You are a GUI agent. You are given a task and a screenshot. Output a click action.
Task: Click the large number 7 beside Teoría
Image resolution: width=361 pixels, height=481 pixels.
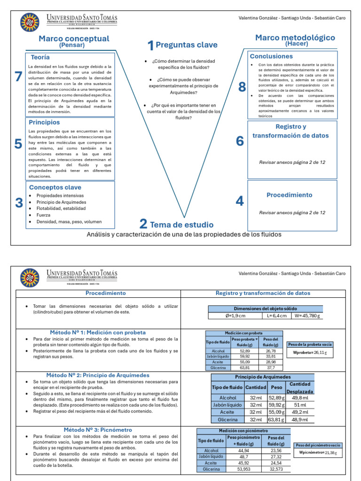(18, 77)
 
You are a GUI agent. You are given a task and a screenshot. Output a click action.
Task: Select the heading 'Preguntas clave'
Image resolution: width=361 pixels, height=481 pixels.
(186, 45)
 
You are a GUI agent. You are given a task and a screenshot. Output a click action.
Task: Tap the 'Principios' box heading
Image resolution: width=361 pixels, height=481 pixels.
(44, 122)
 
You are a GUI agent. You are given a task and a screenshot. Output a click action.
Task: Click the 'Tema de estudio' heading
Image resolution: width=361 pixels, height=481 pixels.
(181, 225)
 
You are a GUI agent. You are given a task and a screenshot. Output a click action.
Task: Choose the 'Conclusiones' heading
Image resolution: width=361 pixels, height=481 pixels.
(271, 56)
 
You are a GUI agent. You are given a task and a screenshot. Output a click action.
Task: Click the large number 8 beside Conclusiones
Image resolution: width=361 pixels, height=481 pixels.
(242, 87)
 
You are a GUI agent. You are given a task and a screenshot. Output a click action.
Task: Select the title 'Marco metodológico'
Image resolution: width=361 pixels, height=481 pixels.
(295, 38)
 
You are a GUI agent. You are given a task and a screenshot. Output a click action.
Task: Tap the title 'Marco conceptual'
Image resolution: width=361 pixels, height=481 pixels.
(74, 39)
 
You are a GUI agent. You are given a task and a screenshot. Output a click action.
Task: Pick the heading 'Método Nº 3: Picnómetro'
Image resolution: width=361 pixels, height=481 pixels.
(95, 429)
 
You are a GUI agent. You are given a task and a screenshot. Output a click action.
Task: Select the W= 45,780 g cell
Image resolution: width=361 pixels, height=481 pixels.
(308, 316)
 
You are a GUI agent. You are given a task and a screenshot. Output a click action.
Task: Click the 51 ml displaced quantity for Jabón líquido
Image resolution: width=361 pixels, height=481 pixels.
(300, 404)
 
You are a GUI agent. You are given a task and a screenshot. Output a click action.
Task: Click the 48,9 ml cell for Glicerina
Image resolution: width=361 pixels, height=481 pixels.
(300, 419)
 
